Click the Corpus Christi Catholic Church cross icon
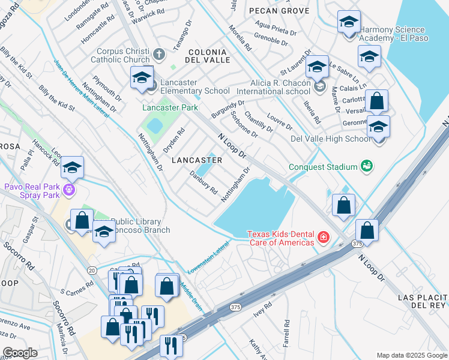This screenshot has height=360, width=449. [x=159, y=55]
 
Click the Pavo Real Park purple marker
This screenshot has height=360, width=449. [x=70, y=191]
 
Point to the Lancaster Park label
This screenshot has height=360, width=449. [x=170, y=107]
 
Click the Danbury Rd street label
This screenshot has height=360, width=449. [x=203, y=182]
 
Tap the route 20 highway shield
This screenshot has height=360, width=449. [x=92, y=271]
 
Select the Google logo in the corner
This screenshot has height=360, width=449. [x=20, y=352]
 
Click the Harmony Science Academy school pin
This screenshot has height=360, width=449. [x=349, y=23]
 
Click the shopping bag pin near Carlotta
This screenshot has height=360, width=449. [x=376, y=101]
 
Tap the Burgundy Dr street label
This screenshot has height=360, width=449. [x=229, y=108]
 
